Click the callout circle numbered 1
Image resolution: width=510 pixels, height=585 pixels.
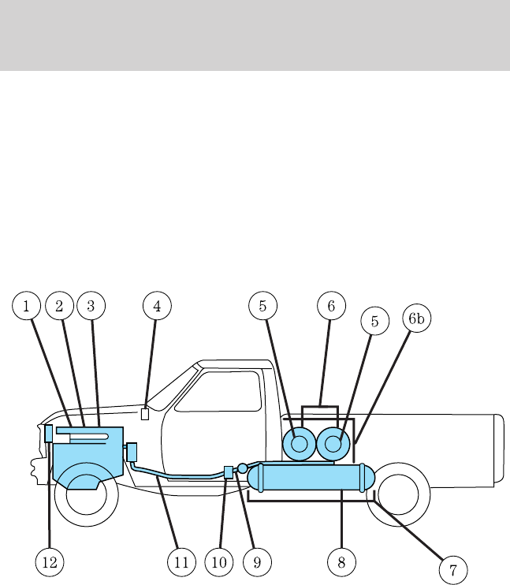[26, 305]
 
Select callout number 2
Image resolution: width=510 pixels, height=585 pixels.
[59, 305]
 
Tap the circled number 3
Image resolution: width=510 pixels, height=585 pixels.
[91, 305]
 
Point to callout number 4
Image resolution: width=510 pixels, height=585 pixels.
[157, 305]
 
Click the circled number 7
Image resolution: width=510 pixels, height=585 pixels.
[453, 569]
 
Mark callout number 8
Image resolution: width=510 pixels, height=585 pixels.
[341, 562]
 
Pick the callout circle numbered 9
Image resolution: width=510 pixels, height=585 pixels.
[256, 562]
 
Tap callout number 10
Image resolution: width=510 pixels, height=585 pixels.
[219, 562]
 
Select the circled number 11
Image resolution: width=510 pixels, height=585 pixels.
[182, 562]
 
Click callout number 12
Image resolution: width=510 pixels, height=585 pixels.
[49, 562]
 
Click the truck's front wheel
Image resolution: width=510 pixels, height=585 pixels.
[86, 495]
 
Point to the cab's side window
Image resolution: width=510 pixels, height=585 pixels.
[219, 391]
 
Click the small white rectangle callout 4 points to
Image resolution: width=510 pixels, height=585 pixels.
[144, 414]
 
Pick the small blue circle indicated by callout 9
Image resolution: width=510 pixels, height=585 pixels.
[243, 468]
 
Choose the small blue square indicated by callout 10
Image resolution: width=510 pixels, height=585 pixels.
[229, 472]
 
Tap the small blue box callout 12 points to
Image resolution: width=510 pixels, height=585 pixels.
[49, 433]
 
